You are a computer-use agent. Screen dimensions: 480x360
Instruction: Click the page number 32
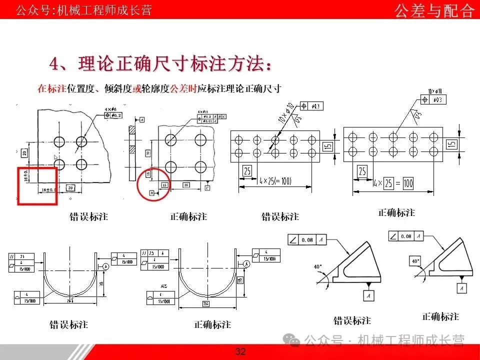(x=240, y=352)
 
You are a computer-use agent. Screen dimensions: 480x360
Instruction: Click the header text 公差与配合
(x=434, y=10)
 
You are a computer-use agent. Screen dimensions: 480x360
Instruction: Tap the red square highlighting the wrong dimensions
(x=37, y=185)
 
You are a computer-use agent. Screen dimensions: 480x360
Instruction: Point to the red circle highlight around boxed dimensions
(x=152, y=184)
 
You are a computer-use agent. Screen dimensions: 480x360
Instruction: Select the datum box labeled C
(x=206, y=187)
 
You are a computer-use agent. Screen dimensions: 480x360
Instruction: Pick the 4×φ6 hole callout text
(x=110, y=108)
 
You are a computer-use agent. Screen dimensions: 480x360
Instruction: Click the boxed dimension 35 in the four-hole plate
(x=186, y=184)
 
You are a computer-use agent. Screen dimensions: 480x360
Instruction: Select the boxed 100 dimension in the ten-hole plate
(x=408, y=183)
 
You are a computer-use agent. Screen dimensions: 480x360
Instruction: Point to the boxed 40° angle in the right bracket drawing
(x=415, y=261)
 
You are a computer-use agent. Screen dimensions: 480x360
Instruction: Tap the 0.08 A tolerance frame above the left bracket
(x=306, y=240)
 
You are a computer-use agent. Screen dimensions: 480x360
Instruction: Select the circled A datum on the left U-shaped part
(x=106, y=266)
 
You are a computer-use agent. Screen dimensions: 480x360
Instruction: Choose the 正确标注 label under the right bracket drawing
(x=440, y=316)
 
